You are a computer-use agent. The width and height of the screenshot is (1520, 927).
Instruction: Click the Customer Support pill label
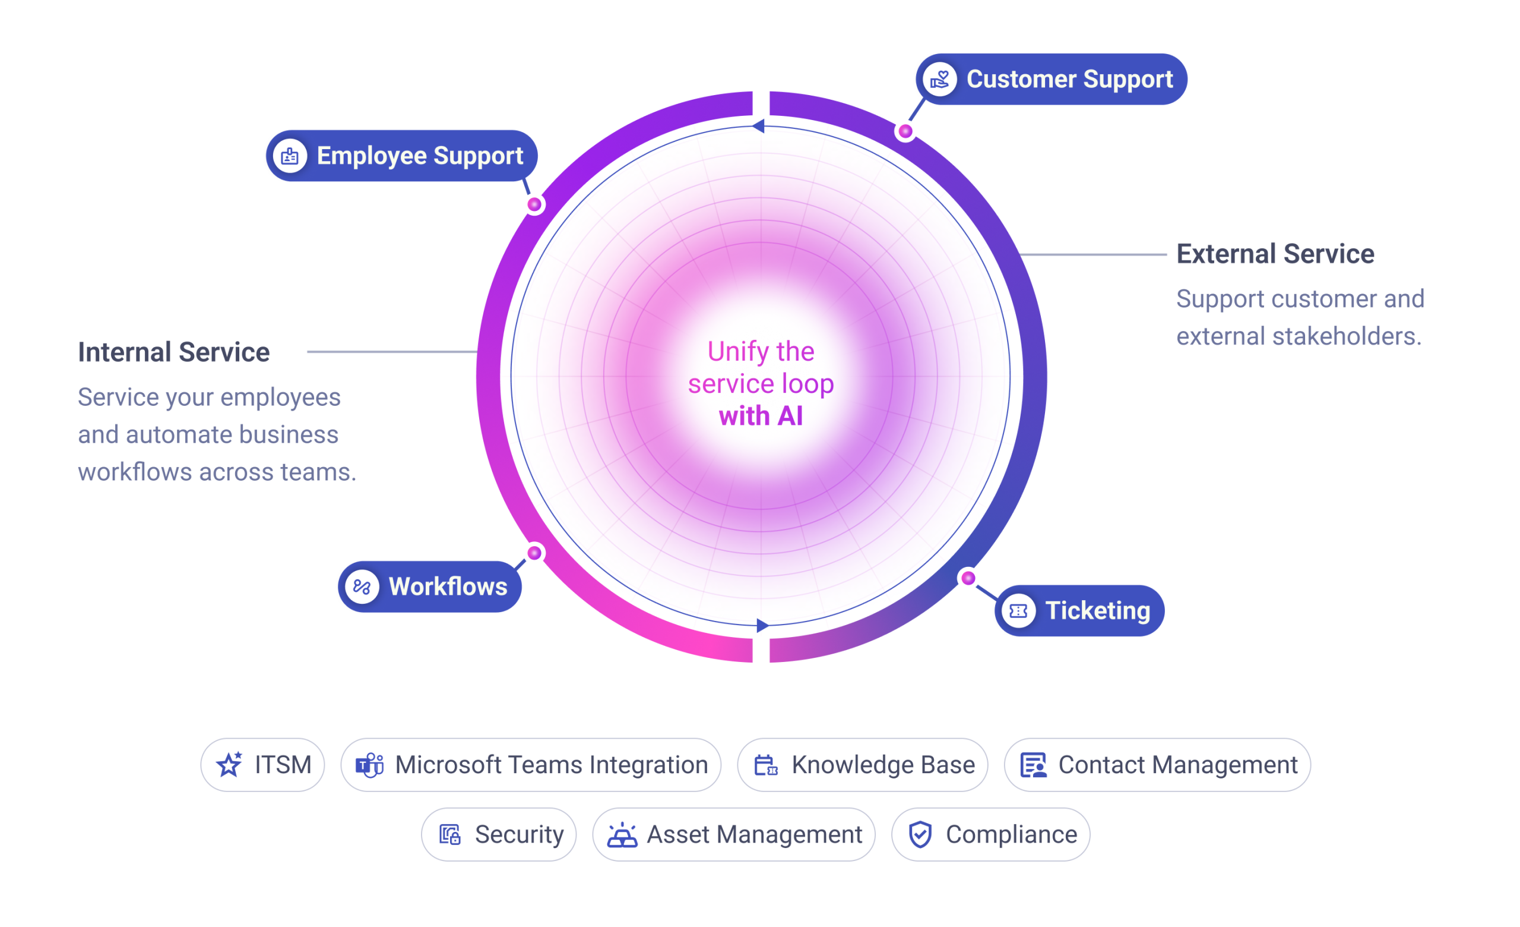1051,79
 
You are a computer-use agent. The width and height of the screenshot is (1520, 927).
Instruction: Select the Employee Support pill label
401,156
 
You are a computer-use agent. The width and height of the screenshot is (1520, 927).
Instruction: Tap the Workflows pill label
430,587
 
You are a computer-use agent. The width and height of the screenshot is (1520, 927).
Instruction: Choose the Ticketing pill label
1079,610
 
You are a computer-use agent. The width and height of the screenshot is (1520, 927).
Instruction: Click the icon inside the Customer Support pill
939,79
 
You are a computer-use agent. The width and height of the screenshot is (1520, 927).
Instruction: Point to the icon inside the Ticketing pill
1018,610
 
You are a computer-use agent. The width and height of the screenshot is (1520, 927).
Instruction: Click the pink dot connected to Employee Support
535,204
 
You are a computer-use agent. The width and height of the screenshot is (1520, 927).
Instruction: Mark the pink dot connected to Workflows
535,553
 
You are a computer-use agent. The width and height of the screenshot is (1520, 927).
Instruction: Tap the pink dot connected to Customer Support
905,131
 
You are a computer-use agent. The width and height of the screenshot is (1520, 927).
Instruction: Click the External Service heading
1275,254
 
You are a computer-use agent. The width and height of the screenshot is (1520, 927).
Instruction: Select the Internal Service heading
174,352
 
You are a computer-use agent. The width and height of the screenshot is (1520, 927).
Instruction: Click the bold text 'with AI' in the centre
761,416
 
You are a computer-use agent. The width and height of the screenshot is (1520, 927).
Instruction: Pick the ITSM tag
263,765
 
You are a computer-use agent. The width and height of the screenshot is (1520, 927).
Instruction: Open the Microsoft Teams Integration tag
531,765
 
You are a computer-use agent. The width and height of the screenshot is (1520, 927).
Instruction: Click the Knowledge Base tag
862,765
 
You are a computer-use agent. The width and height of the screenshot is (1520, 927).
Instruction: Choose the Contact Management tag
1157,765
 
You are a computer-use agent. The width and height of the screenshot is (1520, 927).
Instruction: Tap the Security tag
498,834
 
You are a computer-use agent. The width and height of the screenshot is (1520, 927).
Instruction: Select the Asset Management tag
733,834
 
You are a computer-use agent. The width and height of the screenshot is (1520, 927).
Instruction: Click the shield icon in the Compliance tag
920,834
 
